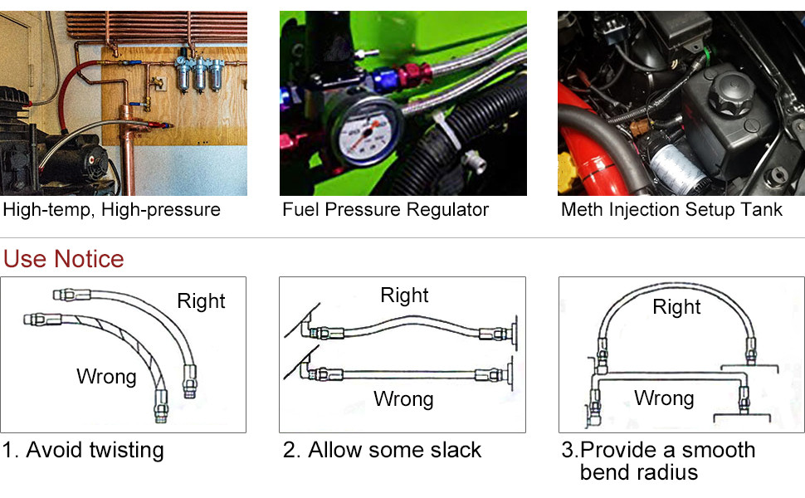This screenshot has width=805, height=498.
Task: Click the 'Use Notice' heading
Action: coord(63,259)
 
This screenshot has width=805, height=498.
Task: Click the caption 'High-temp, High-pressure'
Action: coord(112,209)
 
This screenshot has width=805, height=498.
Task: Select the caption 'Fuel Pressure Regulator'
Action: coord(385,209)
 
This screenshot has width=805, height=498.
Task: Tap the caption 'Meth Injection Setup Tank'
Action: coord(671,209)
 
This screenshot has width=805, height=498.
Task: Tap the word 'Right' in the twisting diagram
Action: coord(201,300)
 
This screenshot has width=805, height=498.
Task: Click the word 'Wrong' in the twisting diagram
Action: coord(106,377)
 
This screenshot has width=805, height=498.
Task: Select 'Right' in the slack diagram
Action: coord(404,295)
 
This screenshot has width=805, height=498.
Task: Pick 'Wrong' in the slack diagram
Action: coord(403,399)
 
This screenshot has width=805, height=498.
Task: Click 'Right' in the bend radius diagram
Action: coord(676,307)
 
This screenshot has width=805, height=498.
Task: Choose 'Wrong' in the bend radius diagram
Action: coord(664,398)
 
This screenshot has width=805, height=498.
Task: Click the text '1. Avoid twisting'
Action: coord(83,451)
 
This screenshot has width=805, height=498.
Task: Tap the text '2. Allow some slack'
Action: coord(382,451)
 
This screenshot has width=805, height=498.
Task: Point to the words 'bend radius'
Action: coord(638,473)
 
